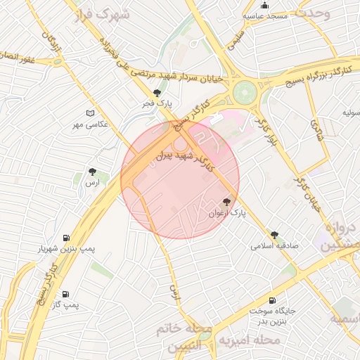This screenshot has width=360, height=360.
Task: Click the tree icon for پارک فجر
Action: (157, 93)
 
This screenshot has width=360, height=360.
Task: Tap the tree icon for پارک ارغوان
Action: (226, 202)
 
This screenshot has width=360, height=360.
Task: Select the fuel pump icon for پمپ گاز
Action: (65, 295)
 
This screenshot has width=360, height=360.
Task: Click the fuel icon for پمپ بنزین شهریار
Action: (66, 238)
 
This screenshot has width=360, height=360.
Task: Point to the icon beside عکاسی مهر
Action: (89, 113)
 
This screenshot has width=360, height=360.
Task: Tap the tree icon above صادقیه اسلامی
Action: (274, 236)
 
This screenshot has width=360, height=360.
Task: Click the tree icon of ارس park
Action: (91, 171)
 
